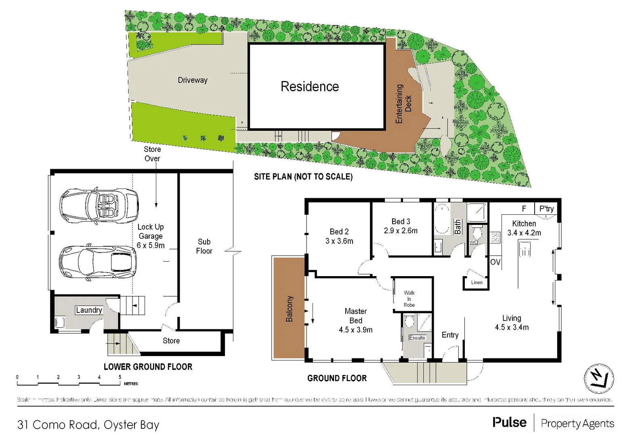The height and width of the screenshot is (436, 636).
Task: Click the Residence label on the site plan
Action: click(310, 86)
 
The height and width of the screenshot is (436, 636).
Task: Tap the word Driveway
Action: click(193, 80)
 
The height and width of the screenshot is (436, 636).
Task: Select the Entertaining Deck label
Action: click(403, 104)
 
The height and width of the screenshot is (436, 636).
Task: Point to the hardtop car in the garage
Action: click(98, 262)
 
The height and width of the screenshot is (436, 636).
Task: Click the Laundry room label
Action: click(89, 310)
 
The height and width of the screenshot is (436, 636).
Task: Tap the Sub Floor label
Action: click(204, 246)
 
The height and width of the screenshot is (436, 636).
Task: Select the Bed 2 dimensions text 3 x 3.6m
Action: click(339, 241)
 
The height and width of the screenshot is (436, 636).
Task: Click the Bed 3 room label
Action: click(401, 221)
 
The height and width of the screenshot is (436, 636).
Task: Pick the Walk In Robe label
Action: click(409, 299)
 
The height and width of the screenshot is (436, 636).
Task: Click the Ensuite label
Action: click(417, 338)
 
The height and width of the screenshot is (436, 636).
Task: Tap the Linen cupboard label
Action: click(476, 283)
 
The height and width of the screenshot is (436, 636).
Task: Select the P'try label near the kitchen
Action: click(546, 209)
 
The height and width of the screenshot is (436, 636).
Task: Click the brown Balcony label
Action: click(289, 309)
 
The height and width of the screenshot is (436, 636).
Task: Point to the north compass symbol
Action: click(599, 379)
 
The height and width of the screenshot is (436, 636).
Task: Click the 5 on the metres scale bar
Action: click(120, 377)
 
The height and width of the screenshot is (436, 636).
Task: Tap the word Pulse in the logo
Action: click(509, 423)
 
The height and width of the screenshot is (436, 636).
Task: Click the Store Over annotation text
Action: click(152, 154)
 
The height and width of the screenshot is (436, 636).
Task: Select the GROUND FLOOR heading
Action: click(337, 378)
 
